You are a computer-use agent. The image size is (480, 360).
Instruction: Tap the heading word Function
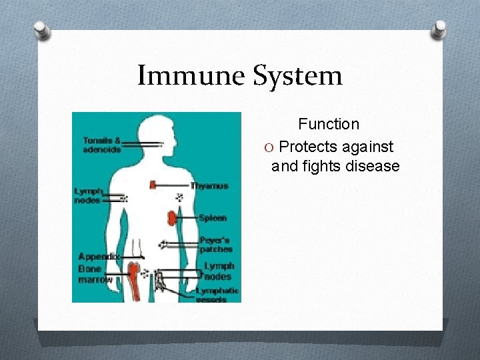click(x=328, y=124)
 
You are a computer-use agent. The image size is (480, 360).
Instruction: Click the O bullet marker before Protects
click(x=270, y=147)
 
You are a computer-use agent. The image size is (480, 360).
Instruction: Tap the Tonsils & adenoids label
click(x=101, y=145)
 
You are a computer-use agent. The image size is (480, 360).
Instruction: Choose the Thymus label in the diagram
click(x=209, y=186)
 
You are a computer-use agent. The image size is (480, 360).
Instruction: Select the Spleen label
click(x=212, y=218)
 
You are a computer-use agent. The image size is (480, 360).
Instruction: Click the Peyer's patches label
click(x=215, y=245)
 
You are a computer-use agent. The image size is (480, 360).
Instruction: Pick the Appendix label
click(x=99, y=257)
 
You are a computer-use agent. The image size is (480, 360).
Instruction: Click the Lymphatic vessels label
click(x=217, y=295)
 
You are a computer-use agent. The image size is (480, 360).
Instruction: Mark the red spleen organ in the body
click(x=172, y=217)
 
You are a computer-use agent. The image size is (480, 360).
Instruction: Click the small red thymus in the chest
click(x=153, y=185)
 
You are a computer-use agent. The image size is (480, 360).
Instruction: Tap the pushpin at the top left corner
click(x=42, y=31)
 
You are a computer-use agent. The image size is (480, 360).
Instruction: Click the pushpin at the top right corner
click(x=439, y=30)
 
